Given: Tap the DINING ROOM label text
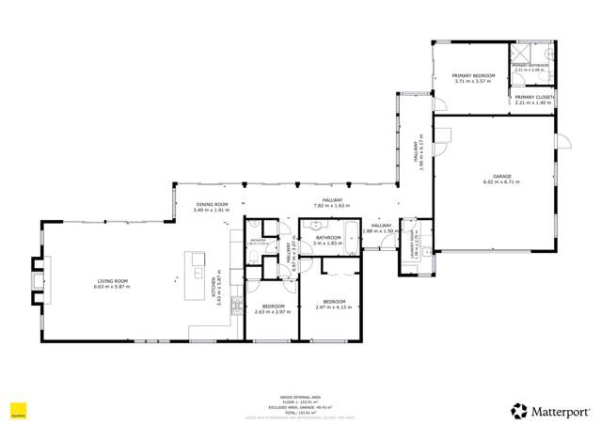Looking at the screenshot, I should click(212, 204).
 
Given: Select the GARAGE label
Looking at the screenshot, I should click(501, 176).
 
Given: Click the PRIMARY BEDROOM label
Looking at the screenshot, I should click(473, 75).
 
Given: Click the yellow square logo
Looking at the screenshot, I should click(17, 410).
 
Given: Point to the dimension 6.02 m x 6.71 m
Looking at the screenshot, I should click(501, 181).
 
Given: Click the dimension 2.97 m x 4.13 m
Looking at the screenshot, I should click(333, 307).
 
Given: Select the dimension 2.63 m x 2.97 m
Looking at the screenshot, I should click(274, 311).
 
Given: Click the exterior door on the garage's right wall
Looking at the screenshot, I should click(561, 142).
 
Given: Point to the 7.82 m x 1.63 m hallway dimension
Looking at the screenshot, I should click(332, 205).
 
